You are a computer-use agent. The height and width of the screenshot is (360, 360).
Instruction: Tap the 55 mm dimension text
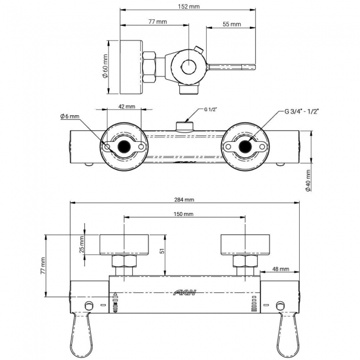[232, 24]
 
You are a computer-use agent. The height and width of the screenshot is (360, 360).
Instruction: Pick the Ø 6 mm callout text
[70, 116]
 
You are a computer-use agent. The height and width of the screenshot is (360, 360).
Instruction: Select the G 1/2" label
[210, 110]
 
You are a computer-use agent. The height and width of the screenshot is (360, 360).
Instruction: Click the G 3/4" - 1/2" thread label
[302, 111]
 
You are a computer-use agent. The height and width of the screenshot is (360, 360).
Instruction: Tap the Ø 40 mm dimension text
[308, 180]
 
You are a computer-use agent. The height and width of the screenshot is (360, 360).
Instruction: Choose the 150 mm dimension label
[184, 214]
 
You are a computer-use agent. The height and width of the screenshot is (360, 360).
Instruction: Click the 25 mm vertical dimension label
[82, 244]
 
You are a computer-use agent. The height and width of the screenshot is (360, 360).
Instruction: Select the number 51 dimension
[162, 251]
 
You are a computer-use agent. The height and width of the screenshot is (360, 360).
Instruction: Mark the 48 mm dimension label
[281, 269]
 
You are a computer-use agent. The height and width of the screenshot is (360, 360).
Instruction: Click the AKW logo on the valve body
[185, 292]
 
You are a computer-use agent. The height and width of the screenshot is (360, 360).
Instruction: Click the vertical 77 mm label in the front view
[42, 266]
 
